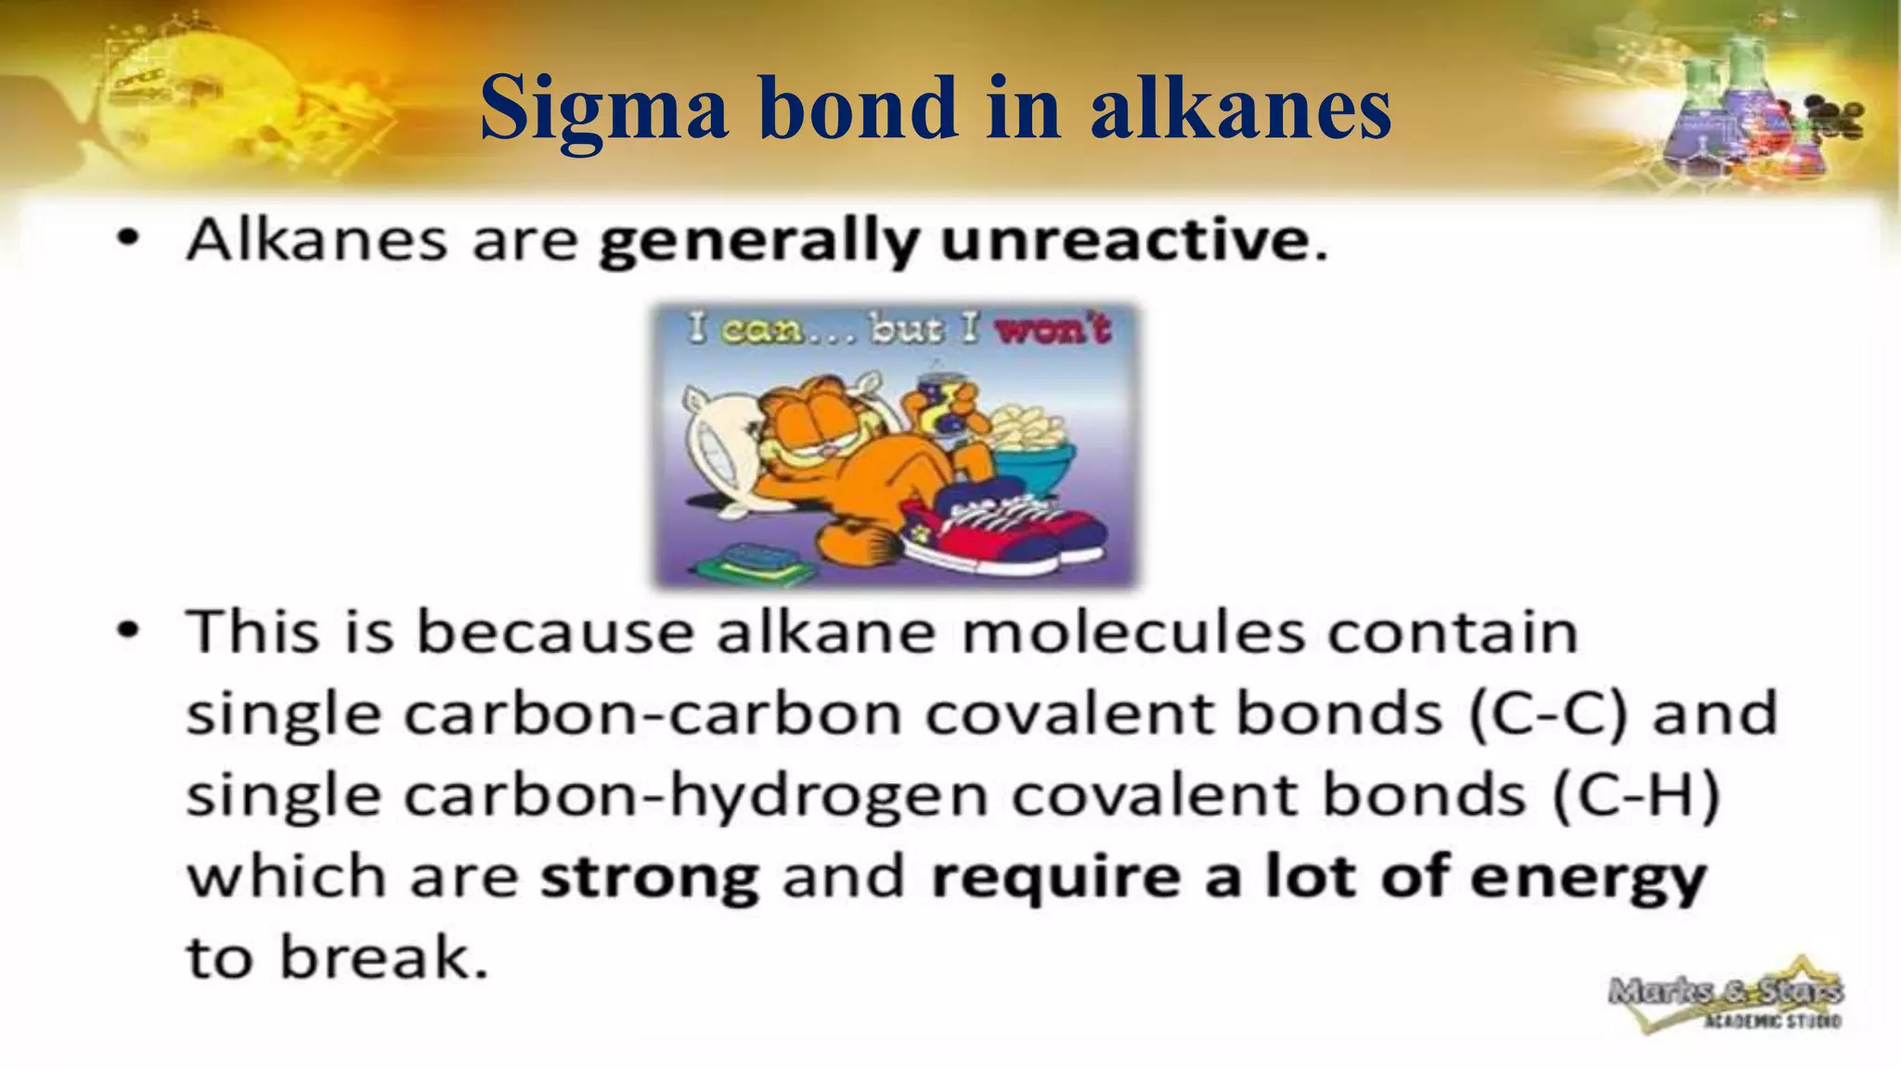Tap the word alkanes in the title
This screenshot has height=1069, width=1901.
(x=1240, y=109)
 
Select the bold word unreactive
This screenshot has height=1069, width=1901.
(x=1125, y=241)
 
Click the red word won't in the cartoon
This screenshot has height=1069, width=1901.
(x=1053, y=329)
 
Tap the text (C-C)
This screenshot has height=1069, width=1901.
(x=1549, y=714)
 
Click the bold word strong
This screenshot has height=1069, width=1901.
(x=650, y=877)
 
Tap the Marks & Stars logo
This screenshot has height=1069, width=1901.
(x=1726, y=1002)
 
